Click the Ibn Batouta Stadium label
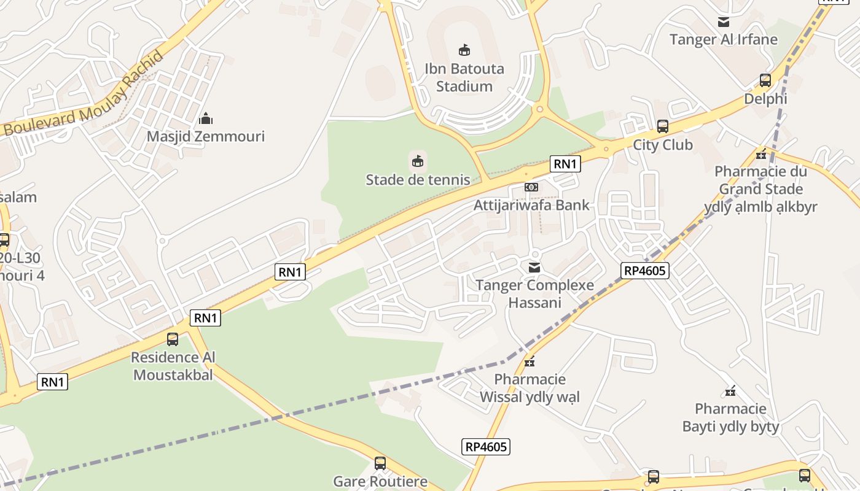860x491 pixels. pos(464,77)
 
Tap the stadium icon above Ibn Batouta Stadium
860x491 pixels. pos(464,50)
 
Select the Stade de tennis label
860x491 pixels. pos(418,180)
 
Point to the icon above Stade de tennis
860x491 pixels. pos(418,161)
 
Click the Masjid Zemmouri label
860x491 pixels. pos(205,136)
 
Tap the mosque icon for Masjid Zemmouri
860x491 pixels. pos(206,118)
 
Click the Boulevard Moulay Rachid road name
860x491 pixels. pos(85,95)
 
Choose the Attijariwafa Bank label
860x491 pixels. pos(531,205)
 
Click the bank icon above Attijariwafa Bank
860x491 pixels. pos(531,187)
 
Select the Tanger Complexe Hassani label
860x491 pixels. pos(534,294)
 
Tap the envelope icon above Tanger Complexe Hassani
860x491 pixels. pos(534,267)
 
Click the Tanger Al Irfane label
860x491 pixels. pos(724,40)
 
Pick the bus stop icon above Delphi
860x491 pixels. pos(765,80)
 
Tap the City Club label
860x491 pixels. pos(663,145)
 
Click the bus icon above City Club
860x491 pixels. pos(663,126)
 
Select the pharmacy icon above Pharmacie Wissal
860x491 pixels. pos(530,361)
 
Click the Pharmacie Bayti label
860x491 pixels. pos(730,417)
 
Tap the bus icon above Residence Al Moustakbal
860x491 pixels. pos(173,339)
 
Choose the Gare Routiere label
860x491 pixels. pos(380,481)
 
